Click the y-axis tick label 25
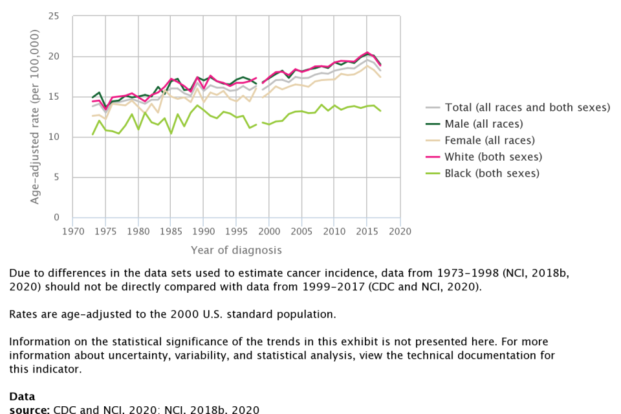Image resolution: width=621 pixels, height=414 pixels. (59, 16)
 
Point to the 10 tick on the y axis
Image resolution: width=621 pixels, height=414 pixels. (59, 137)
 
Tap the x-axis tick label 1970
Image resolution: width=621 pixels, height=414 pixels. (73, 231)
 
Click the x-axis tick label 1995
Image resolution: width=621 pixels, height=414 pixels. (237, 231)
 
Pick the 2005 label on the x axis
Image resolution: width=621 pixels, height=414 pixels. (302, 231)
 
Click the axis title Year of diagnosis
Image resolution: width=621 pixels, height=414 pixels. (236, 250)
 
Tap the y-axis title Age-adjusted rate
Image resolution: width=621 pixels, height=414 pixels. (35, 117)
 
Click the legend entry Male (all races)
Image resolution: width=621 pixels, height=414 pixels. (483, 124)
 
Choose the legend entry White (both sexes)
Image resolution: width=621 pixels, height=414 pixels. (492, 157)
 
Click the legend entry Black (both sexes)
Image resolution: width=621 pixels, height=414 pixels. (491, 173)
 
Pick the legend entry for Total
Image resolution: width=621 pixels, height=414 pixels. (527, 108)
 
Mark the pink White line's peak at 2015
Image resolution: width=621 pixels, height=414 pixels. (367, 52)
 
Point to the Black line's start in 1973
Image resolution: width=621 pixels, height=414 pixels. (93, 135)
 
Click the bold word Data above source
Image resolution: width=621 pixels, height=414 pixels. (22, 396)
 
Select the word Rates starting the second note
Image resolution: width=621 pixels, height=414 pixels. (23, 314)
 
